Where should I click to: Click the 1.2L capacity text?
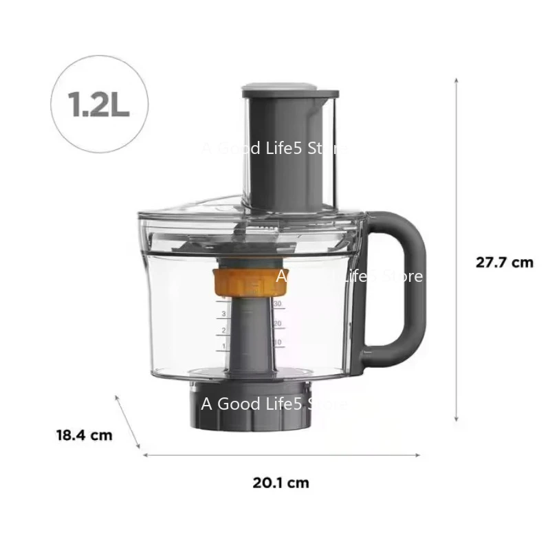pos(99,103)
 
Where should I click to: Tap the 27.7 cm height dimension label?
pos(505,262)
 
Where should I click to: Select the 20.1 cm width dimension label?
pos(280,483)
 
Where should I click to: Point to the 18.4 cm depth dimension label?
pos(84,434)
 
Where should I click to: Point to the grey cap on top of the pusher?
pos(290,90)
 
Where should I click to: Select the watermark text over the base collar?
pos(274,404)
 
